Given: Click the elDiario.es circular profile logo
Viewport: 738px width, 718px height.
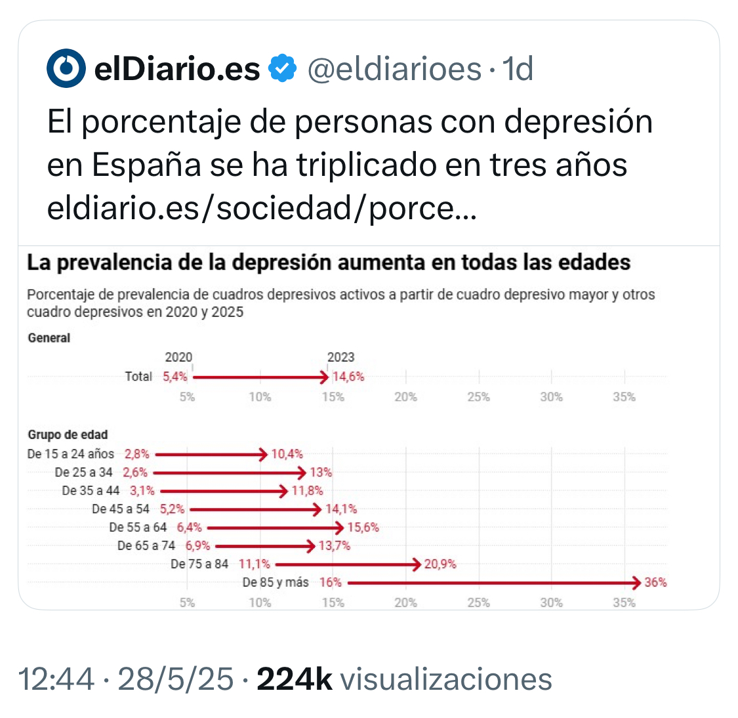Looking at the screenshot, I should [66, 68].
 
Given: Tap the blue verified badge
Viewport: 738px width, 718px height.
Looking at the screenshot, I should [283, 68].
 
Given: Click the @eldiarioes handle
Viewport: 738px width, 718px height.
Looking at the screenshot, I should [394, 68].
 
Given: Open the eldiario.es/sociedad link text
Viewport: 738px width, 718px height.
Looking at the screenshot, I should [262, 208].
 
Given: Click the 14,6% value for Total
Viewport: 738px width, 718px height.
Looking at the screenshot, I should [348, 377].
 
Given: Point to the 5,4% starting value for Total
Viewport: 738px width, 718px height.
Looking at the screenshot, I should [175, 377].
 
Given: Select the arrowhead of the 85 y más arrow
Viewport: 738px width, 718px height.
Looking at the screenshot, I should [635, 582].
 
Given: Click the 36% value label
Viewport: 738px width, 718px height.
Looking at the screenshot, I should [655, 582].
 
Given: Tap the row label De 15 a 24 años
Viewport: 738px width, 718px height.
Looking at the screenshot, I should [70, 454].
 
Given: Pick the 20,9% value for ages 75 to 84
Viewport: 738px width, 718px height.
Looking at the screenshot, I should [440, 564].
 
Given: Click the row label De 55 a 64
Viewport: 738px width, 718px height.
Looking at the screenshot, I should [138, 527].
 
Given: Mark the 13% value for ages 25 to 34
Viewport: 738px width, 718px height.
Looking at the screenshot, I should [321, 472].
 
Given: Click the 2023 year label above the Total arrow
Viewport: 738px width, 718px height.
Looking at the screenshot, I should [340, 357].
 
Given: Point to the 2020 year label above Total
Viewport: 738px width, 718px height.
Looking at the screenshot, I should [178, 357].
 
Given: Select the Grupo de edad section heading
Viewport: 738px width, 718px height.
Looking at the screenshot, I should [68, 434].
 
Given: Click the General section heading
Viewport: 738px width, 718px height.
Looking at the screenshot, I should [49, 338].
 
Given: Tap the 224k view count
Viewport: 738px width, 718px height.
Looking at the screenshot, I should [295, 679].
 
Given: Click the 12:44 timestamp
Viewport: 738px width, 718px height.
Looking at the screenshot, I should [56, 679].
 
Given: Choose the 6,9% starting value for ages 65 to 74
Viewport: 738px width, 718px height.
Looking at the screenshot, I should [197, 545].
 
